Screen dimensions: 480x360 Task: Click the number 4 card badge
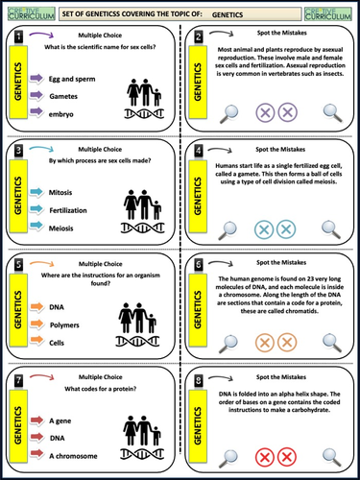199,152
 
